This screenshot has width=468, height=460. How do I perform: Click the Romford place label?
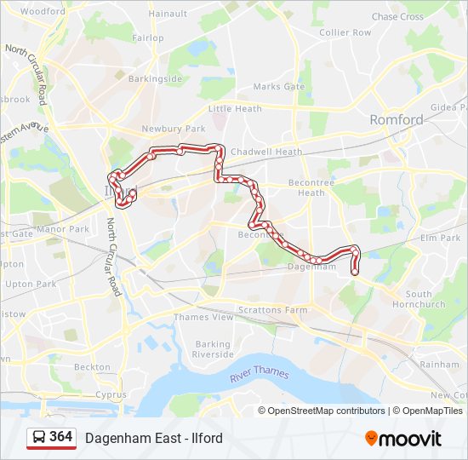[396, 120]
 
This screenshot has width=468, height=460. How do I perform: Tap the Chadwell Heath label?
[266, 152]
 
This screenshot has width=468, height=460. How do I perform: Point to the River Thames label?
[259, 374]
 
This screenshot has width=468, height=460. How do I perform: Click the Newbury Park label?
[174, 129]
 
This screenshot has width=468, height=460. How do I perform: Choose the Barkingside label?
[155, 79]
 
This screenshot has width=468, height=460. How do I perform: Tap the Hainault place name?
[168, 14]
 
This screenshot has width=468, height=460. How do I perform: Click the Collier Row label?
[345, 32]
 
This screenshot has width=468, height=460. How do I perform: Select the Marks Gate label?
[278, 87]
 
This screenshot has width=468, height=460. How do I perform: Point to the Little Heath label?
[235, 109]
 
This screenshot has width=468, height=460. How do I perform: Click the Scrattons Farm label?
[272, 310]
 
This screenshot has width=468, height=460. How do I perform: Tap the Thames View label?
[203, 317]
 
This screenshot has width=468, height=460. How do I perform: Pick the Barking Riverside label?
[213, 349]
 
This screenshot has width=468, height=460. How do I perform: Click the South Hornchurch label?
[425, 299]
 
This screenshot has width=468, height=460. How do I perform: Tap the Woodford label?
[42, 12]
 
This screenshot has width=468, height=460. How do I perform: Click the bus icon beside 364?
[38, 438]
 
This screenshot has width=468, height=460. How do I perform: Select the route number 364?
[60, 437]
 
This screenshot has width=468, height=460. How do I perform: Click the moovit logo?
[403, 439]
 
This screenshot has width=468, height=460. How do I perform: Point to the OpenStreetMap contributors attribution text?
[321, 411]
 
